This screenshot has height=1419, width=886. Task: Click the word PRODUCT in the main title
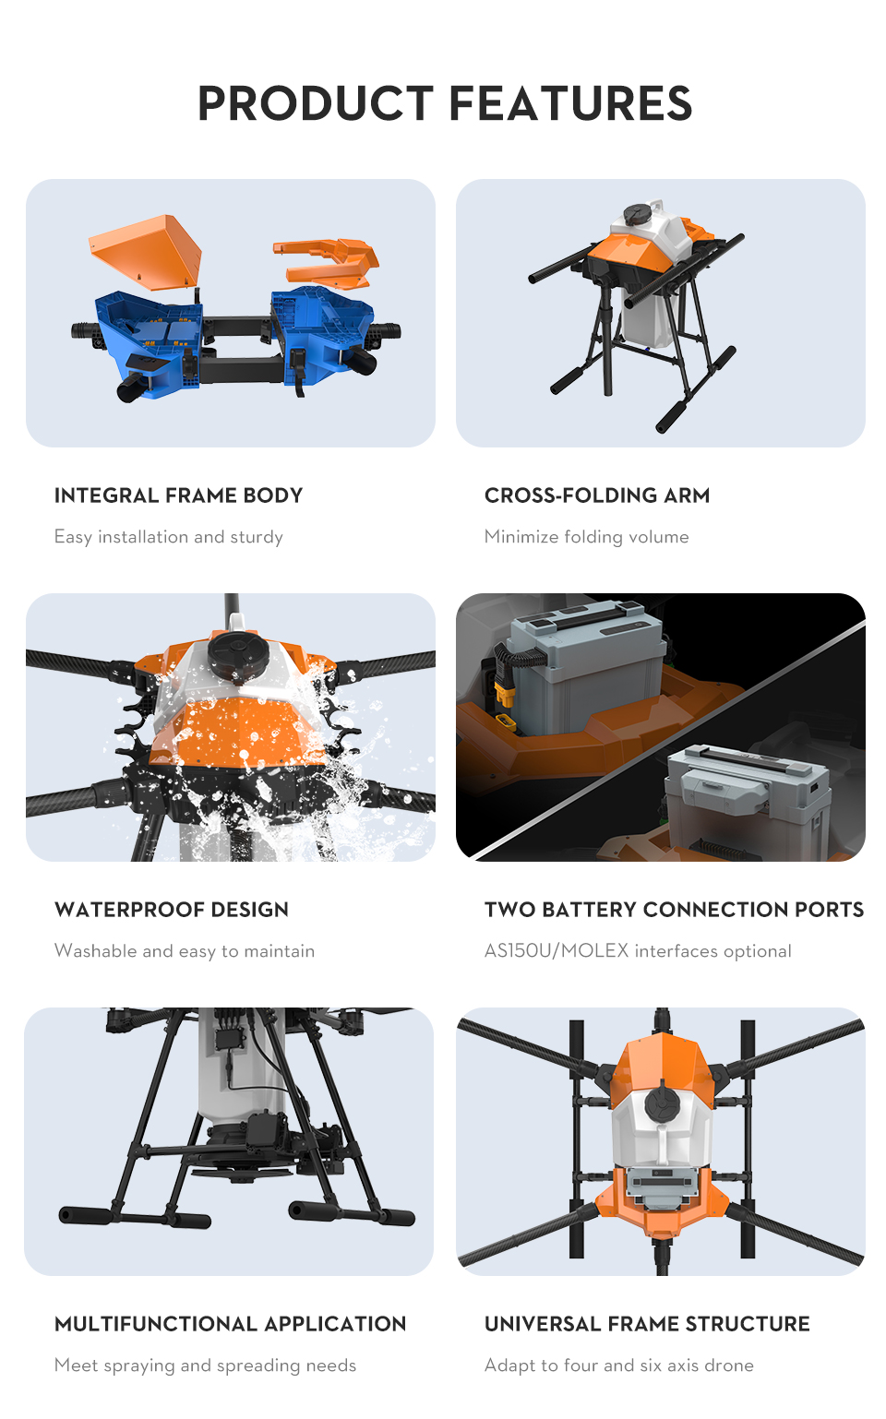point(316,103)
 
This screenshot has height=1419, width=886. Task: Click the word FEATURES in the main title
point(571,103)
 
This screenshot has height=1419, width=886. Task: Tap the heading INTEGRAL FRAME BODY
point(179,495)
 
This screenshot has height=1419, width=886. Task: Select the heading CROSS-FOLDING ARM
point(597,495)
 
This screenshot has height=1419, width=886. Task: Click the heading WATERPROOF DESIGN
point(172,910)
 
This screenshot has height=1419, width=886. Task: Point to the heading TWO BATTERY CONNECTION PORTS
point(675,910)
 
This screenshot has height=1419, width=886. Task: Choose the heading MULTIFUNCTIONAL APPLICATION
point(230,1324)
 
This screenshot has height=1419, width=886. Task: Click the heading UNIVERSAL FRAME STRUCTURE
point(647,1324)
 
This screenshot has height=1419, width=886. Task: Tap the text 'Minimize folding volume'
point(587,537)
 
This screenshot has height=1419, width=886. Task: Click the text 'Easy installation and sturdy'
point(169,537)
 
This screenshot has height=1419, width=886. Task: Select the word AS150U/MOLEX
point(557,951)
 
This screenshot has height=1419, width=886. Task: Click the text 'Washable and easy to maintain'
point(185,951)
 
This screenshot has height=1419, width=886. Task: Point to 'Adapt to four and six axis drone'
point(619,1365)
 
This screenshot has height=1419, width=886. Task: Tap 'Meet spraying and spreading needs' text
point(205,1365)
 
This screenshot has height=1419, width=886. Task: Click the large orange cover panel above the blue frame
point(147,250)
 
